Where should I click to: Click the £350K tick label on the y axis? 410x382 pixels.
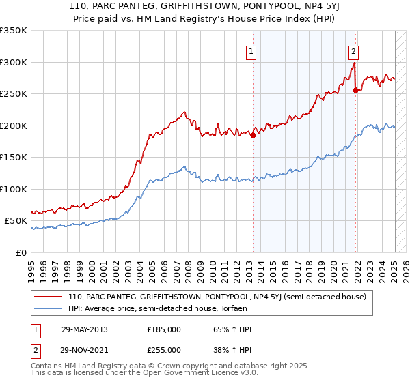[14, 31]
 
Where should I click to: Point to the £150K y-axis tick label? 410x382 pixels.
[14, 157]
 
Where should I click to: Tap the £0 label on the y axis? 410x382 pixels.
[22, 252]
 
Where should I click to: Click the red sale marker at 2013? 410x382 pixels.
[253, 135]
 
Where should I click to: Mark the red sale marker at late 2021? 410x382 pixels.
[355, 90]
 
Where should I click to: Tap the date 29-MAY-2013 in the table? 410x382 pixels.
[84, 329]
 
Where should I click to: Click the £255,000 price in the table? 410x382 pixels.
[164, 349]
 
